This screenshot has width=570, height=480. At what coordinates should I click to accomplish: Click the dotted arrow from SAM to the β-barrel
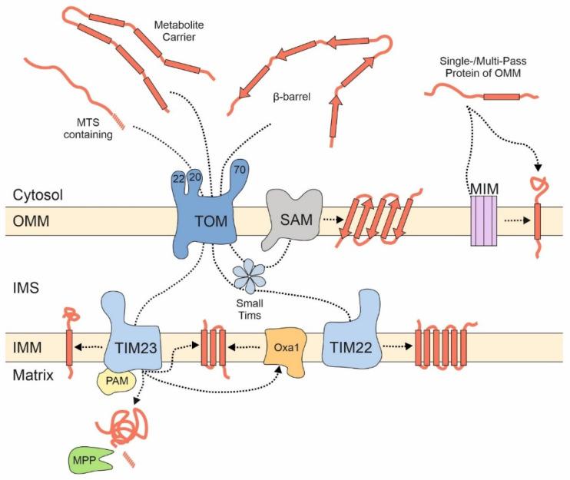coord(331,219)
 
